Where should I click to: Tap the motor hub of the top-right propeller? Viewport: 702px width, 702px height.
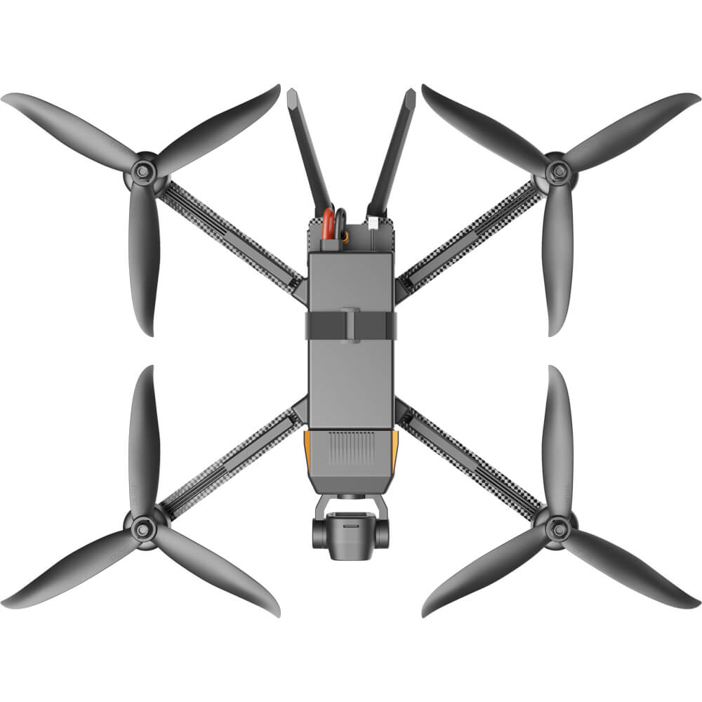point(558,170)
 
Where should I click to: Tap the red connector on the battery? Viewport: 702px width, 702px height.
point(328,225)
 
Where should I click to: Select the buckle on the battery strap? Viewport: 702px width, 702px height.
point(351,325)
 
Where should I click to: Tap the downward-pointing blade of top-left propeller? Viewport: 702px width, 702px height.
point(143,260)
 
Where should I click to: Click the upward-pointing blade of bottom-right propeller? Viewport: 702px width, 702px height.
point(558,435)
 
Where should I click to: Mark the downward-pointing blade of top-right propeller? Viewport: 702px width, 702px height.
point(558,260)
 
